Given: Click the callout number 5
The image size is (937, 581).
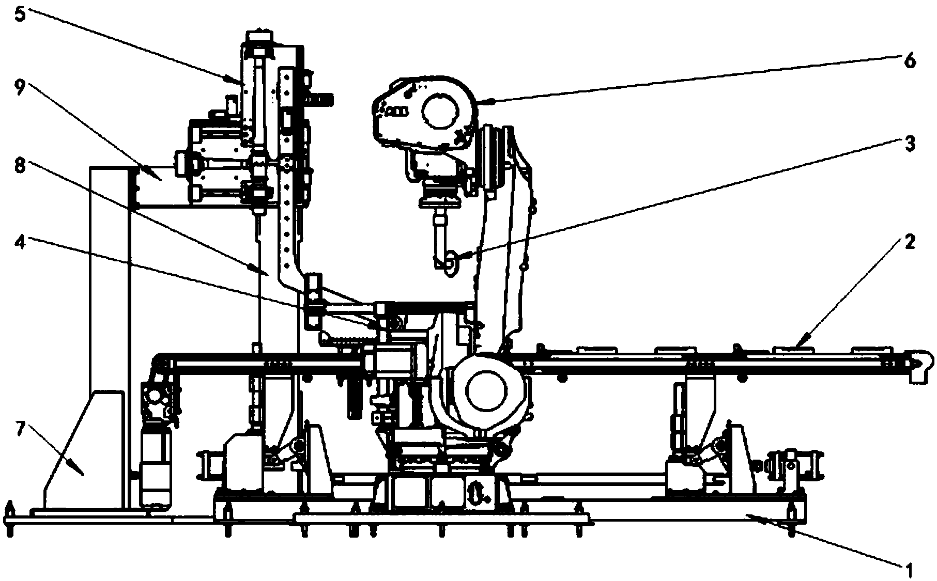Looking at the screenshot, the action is click(x=19, y=14).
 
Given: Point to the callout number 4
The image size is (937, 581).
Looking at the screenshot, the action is click(x=19, y=241).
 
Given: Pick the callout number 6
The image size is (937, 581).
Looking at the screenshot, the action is click(x=910, y=60).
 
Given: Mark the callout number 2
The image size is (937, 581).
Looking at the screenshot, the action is click(x=910, y=242).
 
